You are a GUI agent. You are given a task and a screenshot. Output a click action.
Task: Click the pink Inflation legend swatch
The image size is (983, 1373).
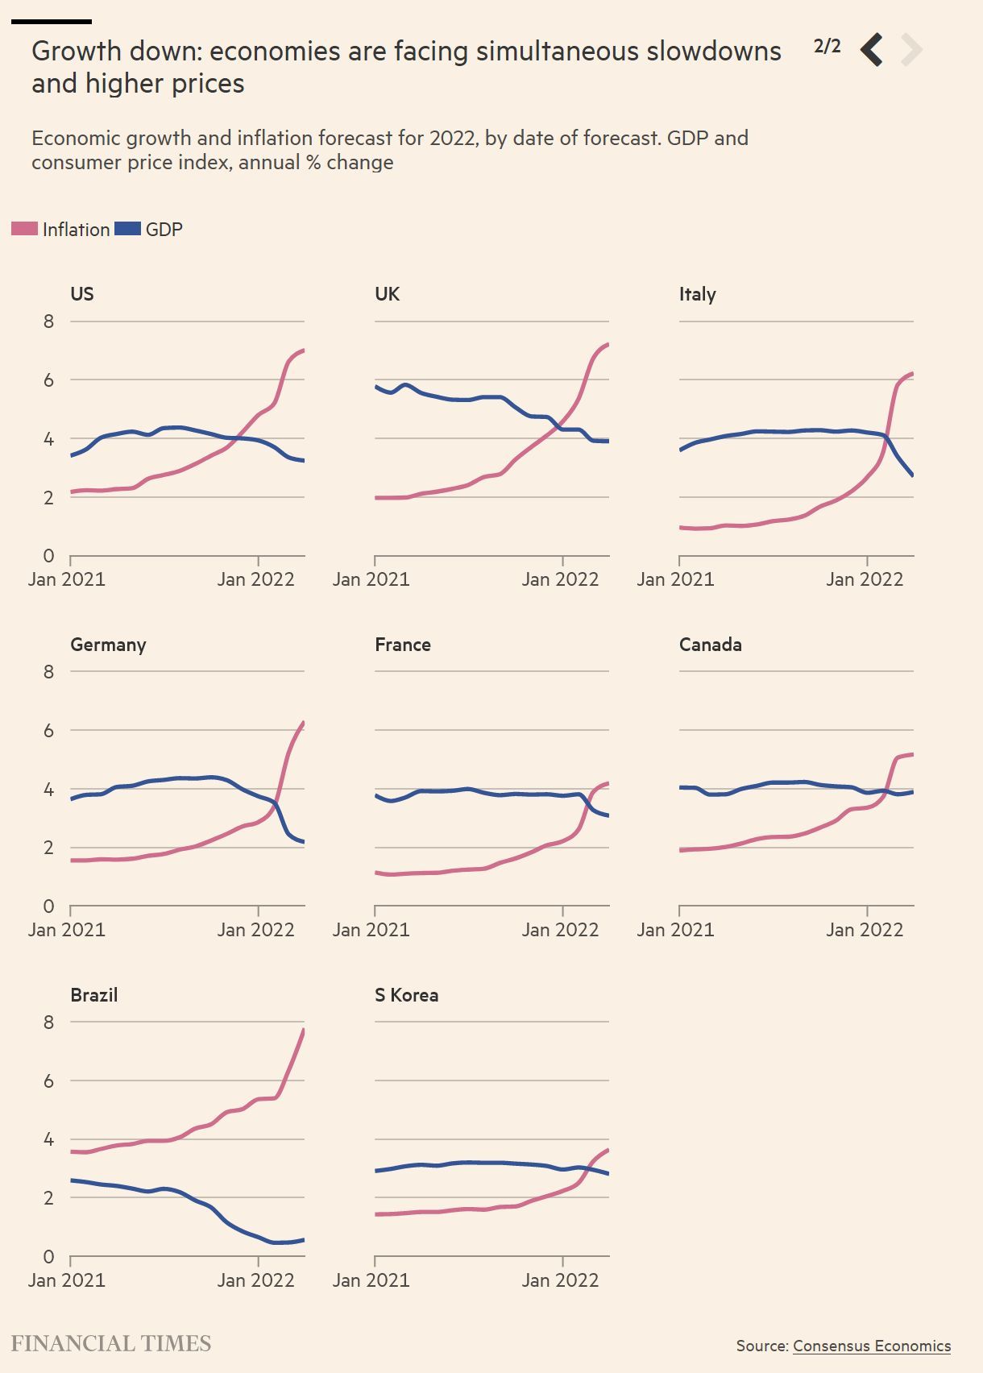tap(24, 230)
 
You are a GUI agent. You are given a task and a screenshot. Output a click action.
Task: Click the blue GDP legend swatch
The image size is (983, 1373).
tap(127, 230)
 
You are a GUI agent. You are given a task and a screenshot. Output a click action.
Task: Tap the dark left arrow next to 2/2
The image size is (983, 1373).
tap(872, 50)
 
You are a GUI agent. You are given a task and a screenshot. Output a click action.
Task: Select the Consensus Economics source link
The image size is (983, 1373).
tap(872, 1346)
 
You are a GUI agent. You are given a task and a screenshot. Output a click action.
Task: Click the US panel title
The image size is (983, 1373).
tap(82, 294)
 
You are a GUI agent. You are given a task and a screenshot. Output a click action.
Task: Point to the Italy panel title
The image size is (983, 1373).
tap(697, 294)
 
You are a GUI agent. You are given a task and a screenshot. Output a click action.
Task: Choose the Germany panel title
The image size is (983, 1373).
tap(108, 645)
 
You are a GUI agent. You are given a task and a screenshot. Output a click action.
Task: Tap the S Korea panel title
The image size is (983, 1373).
tap(406, 995)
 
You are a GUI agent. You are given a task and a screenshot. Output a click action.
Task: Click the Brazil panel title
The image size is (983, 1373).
tap(94, 995)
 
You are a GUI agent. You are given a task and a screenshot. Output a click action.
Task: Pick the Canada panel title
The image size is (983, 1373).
tap(710, 645)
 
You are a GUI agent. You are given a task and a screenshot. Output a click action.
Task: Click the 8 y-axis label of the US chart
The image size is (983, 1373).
tap(49, 321)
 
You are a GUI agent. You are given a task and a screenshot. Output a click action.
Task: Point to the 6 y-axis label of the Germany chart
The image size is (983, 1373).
tap(49, 730)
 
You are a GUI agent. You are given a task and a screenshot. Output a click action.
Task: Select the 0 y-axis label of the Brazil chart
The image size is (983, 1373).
tap(49, 1256)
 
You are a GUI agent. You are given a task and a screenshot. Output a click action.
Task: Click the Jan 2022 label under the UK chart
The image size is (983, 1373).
tap(560, 579)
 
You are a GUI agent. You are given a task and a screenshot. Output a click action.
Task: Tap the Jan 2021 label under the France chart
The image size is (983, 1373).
tap(371, 930)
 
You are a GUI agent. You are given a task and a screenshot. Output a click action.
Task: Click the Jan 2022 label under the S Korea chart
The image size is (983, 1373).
tap(560, 1280)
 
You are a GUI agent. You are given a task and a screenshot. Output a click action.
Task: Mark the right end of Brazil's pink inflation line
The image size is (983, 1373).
tap(304, 1030)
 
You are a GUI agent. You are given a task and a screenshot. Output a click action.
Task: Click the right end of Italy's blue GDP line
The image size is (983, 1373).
tap(912, 475)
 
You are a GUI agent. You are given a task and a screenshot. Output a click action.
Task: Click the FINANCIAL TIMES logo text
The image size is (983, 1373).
tap(111, 1343)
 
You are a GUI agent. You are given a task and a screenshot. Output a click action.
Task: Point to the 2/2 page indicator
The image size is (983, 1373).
tap(827, 46)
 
